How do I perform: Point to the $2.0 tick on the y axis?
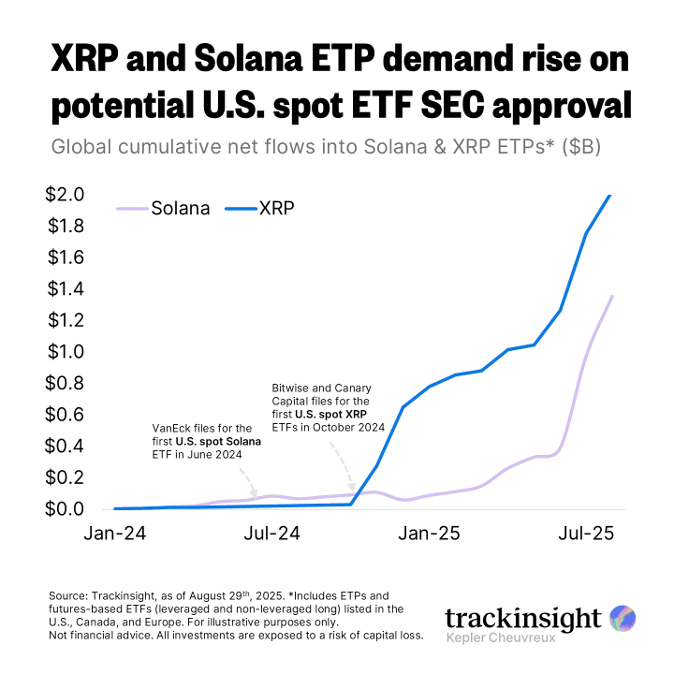coord(65,195)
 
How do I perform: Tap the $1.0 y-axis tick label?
coord(65,352)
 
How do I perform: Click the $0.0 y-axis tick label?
coord(65,509)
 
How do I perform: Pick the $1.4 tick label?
coord(65,289)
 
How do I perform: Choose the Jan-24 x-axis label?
coord(115,534)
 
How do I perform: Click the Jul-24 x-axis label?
coord(271,534)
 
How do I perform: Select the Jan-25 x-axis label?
coord(429,534)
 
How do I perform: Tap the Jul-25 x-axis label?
coord(585,534)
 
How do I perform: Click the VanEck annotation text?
coord(206,440)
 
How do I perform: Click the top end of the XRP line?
coord(610,196)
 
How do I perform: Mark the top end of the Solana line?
coord(612,297)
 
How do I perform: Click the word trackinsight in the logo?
coord(522,619)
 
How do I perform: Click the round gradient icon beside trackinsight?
coord(623,618)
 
